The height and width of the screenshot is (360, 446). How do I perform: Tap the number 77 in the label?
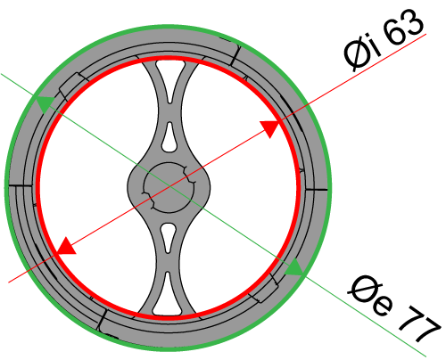[x=419, y=323]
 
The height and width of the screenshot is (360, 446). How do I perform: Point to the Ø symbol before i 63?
[x=356, y=56]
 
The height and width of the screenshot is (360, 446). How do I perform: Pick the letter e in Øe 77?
[x=383, y=306]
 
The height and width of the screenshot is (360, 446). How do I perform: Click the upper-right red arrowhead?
[x=269, y=128]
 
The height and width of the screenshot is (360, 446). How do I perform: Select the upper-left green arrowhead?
[x=45, y=104]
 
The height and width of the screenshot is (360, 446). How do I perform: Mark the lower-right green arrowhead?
[x=293, y=266]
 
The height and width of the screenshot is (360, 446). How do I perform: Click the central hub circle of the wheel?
[x=169, y=188]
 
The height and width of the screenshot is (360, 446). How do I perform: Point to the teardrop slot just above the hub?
[x=169, y=137]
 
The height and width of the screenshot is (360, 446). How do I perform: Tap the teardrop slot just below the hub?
[x=169, y=238]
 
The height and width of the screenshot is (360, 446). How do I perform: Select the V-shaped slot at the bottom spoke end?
[x=168, y=295]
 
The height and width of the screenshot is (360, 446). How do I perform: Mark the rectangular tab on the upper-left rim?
[x=72, y=86]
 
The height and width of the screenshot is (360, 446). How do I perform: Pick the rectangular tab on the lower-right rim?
[x=264, y=289]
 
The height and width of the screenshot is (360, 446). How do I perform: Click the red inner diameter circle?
[x=39, y=187]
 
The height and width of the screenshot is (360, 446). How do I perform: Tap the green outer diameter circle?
[x=6, y=187]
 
